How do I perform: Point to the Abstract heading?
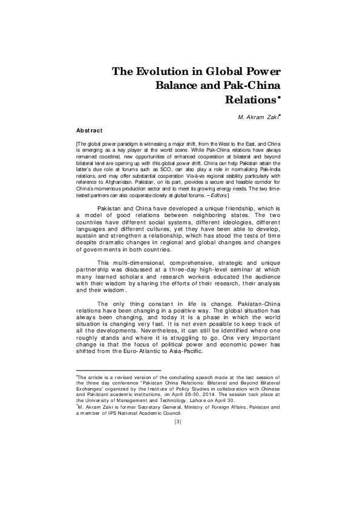click(90, 130)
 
